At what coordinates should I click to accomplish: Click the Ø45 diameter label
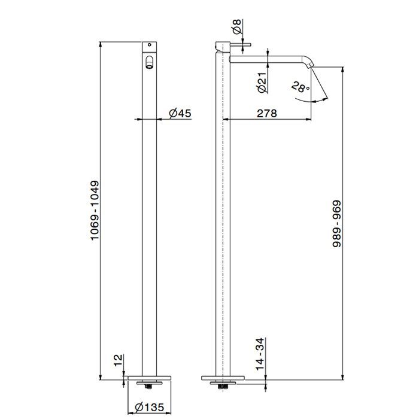point(180,113)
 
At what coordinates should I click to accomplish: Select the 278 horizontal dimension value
point(267,114)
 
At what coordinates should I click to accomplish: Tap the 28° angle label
point(300,87)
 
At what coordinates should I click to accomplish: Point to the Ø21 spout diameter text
point(263,83)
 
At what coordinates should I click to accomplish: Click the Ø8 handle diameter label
point(237,26)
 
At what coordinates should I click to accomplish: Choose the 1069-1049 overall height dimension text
point(95,211)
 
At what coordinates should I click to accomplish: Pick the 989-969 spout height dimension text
point(336,224)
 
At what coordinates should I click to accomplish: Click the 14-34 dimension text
point(260,354)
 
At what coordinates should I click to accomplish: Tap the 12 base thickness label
point(118,360)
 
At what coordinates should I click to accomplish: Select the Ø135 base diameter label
point(149,408)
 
